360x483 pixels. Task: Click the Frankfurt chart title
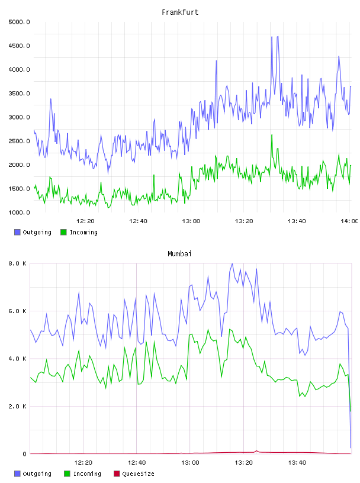tap(180, 12)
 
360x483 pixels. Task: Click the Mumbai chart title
tap(179, 254)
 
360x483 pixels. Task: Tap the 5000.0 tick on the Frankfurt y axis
tap(19, 22)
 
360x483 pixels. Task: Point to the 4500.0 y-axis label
tap(19, 46)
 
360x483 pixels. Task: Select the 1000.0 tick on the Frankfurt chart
tap(19, 212)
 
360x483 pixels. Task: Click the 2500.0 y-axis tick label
tap(19, 141)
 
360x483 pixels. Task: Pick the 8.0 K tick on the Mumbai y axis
tap(17, 263)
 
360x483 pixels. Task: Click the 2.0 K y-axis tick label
tap(17, 406)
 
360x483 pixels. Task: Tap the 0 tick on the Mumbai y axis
tap(24, 454)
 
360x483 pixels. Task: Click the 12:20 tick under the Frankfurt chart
tap(85, 221)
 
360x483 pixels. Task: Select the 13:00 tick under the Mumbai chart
tap(190, 463)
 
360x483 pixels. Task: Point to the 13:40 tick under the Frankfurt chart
tap(297, 221)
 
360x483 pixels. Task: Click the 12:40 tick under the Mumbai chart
tap(137, 463)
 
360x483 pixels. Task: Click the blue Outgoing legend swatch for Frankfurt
tap(17, 232)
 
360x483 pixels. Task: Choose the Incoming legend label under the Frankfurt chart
tap(83, 232)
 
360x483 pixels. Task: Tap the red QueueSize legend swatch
tap(117, 474)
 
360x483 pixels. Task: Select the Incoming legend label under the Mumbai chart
tap(87, 474)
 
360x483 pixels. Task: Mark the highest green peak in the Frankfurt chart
tap(272, 135)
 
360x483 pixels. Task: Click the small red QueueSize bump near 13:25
tap(257, 451)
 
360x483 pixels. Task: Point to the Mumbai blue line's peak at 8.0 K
tap(232, 263)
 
